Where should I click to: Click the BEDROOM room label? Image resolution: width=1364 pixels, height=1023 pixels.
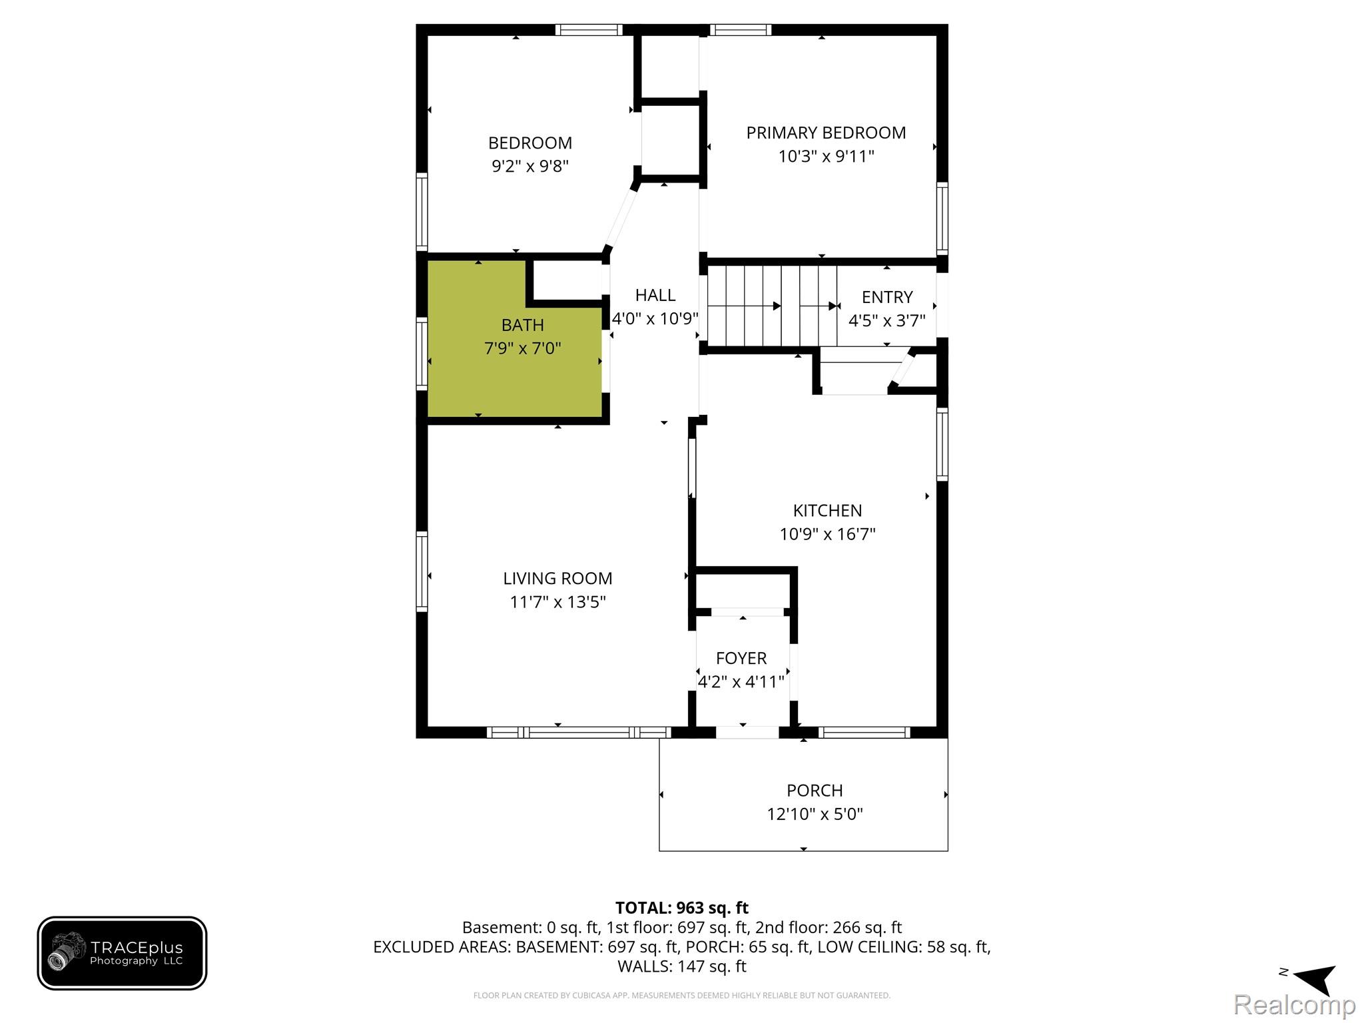click(x=530, y=143)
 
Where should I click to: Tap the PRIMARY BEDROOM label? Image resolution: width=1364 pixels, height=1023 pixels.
click(x=826, y=133)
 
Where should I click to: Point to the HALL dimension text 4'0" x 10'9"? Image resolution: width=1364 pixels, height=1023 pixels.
click(x=655, y=319)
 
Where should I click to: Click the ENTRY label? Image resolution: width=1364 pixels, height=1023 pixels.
click(x=887, y=297)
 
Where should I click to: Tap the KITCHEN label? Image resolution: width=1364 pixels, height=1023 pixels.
click(x=827, y=511)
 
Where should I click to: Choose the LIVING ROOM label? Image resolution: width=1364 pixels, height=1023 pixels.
click(x=557, y=579)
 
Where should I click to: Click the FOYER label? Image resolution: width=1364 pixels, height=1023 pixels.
click(x=741, y=659)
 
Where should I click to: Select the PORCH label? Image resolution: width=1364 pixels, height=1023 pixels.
click(x=815, y=791)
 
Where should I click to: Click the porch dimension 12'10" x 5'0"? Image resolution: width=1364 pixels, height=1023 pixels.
click(x=815, y=814)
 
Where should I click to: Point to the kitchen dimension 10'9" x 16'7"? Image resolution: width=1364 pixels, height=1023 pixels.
click(x=827, y=534)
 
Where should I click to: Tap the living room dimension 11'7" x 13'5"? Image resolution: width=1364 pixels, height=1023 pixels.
click(x=557, y=602)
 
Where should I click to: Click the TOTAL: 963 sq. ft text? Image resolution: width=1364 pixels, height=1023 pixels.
click(x=682, y=908)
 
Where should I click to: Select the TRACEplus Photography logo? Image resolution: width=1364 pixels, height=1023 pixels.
click(x=122, y=953)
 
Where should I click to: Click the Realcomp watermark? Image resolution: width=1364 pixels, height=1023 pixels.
click(x=1294, y=1004)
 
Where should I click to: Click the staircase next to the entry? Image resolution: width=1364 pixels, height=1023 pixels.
click(x=771, y=306)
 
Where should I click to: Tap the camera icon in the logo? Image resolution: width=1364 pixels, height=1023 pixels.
click(x=67, y=951)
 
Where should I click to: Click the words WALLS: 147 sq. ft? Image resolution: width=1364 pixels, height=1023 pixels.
click(x=682, y=966)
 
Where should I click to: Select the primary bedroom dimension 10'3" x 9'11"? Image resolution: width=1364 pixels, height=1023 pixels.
click(x=826, y=157)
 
